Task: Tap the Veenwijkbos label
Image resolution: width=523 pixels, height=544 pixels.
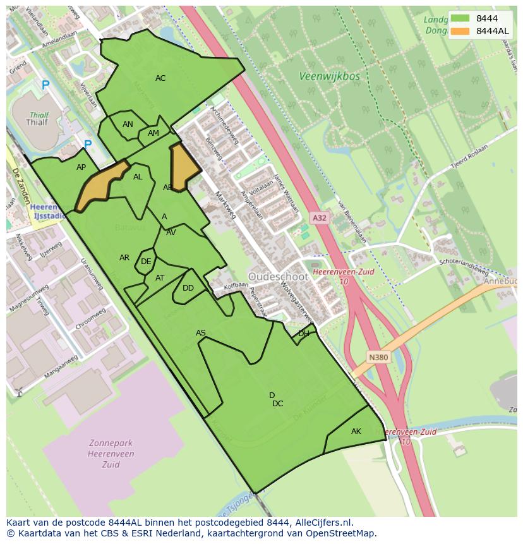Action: point(329,76)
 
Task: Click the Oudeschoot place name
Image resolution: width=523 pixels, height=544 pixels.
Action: point(278,277)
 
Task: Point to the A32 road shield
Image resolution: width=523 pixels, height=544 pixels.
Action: point(320,218)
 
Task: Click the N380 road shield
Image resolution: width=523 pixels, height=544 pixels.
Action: point(379,358)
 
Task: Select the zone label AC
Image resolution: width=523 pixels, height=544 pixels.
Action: point(160,78)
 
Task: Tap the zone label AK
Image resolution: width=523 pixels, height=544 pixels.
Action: point(356,432)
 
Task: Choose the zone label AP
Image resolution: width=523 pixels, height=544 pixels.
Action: point(81,167)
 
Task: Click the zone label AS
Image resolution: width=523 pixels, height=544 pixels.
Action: point(201,333)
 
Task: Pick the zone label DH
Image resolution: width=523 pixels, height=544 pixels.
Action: point(304,334)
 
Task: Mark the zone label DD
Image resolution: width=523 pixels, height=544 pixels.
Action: point(188,288)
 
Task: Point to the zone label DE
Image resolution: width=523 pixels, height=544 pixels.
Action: point(146,262)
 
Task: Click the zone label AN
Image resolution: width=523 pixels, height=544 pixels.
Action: point(128,124)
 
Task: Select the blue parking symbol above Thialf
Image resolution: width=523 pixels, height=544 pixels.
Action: point(45,85)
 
